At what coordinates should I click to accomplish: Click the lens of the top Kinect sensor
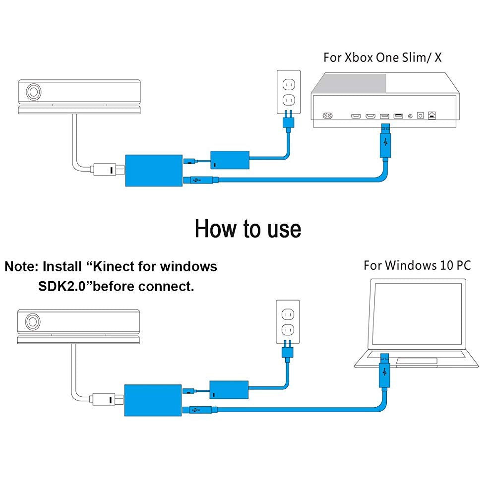[x=34, y=92]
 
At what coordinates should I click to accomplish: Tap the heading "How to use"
[x=248, y=229]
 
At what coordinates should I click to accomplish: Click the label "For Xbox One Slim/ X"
[x=382, y=57]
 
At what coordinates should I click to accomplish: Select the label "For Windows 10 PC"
[x=417, y=265]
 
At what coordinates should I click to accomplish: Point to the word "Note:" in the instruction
[x=21, y=266]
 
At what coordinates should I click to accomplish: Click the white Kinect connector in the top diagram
[x=105, y=170]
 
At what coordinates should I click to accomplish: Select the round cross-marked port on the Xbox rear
[x=327, y=116]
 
